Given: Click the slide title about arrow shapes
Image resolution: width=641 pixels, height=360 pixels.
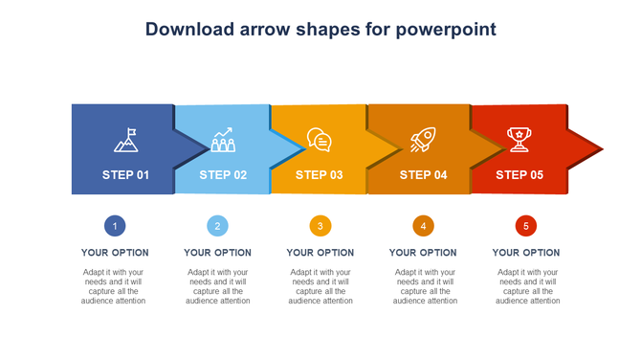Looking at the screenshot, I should [x=320, y=29].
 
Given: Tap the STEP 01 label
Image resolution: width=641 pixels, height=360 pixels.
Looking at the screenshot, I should [x=125, y=175].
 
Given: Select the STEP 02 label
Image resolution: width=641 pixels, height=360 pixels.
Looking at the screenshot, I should [x=223, y=175].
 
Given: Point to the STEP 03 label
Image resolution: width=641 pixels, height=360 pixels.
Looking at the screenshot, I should [x=319, y=175].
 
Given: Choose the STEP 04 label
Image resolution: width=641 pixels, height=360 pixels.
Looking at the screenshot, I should [x=423, y=175].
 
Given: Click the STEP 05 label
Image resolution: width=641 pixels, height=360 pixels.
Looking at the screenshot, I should [x=519, y=175].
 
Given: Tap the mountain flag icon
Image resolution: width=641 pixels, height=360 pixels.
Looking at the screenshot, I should [x=126, y=141].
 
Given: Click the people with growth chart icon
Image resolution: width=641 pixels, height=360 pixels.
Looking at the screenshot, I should [x=223, y=141].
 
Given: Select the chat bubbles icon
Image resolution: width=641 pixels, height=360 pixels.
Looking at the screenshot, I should [x=320, y=141].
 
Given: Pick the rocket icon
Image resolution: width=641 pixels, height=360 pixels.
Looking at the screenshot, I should [x=422, y=141].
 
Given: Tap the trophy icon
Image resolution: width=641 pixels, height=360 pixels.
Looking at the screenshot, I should [x=519, y=140].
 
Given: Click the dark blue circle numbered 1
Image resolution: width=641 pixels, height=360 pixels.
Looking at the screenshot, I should [x=115, y=226].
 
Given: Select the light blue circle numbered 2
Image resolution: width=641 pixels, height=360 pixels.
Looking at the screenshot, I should [x=217, y=226].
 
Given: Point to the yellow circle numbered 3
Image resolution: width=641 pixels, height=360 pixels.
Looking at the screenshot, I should [x=320, y=226].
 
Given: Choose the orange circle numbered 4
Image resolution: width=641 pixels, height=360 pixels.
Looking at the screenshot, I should [x=423, y=226].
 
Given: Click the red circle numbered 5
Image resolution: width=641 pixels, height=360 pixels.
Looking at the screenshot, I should [x=526, y=226].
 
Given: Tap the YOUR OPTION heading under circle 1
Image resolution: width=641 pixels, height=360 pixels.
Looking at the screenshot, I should [x=115, y=253].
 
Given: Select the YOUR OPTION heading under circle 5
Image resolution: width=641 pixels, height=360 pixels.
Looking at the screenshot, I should [x=526, y=253].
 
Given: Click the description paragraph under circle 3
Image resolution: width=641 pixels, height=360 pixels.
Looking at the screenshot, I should [x=320, y=286].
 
